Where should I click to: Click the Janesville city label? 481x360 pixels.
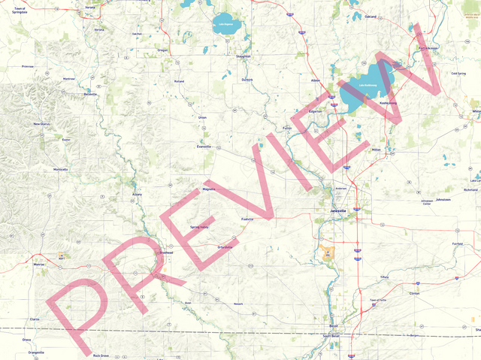click(339, 211)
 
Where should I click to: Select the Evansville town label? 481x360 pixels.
click(204, 147)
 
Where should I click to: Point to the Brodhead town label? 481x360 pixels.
click(165, 253)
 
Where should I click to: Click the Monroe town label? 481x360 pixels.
click(38, 265)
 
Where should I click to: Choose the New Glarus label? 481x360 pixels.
click(41, 124)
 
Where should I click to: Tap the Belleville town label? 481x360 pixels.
click(90, 95)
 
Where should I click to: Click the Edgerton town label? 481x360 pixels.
click(315, 111)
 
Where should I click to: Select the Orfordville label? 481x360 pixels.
click(225, 247)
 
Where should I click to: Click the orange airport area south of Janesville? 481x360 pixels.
click(327, 253)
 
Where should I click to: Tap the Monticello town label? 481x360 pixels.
click(61, 169)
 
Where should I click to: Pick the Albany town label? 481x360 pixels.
click(137, 194)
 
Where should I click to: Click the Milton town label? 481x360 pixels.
click(377, 150)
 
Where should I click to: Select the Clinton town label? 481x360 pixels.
click(414, 293)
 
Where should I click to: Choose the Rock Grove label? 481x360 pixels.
click(101, 355)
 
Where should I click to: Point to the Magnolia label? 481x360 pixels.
click(208, 189)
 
